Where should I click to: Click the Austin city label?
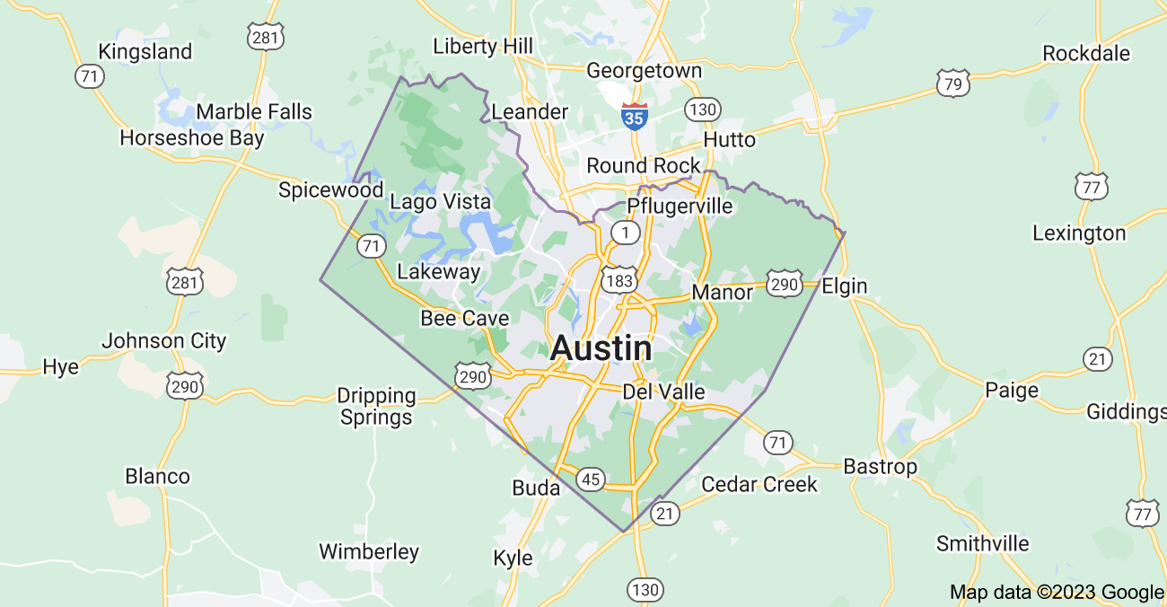click(x=601, y=348)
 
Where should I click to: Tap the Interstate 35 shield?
click(x=635, y=116)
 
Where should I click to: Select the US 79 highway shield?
click(x=952, y=84)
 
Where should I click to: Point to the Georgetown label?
click(x=644, y=71)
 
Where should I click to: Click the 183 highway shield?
click(x=619, y=278)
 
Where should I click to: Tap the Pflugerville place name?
click(x=680, y=206)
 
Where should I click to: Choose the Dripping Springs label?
click(x=377, y=406)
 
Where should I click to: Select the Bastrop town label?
click(x=880, y=467)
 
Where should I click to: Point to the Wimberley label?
click(x=369, y=551)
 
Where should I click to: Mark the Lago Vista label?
click(x=440, y=201)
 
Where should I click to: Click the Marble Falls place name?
click(x=254, y=112)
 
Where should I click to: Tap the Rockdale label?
click(x=1086, y=54)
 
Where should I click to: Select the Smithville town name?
click(x=982, y=544)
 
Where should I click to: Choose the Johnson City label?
click(x=163, y=341)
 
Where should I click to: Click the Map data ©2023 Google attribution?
click(x=1057, y=593)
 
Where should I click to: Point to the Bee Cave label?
click(x=464, y=319)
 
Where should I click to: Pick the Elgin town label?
click(x=845, y=286)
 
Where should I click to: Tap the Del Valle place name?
click(x=663, y=392)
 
